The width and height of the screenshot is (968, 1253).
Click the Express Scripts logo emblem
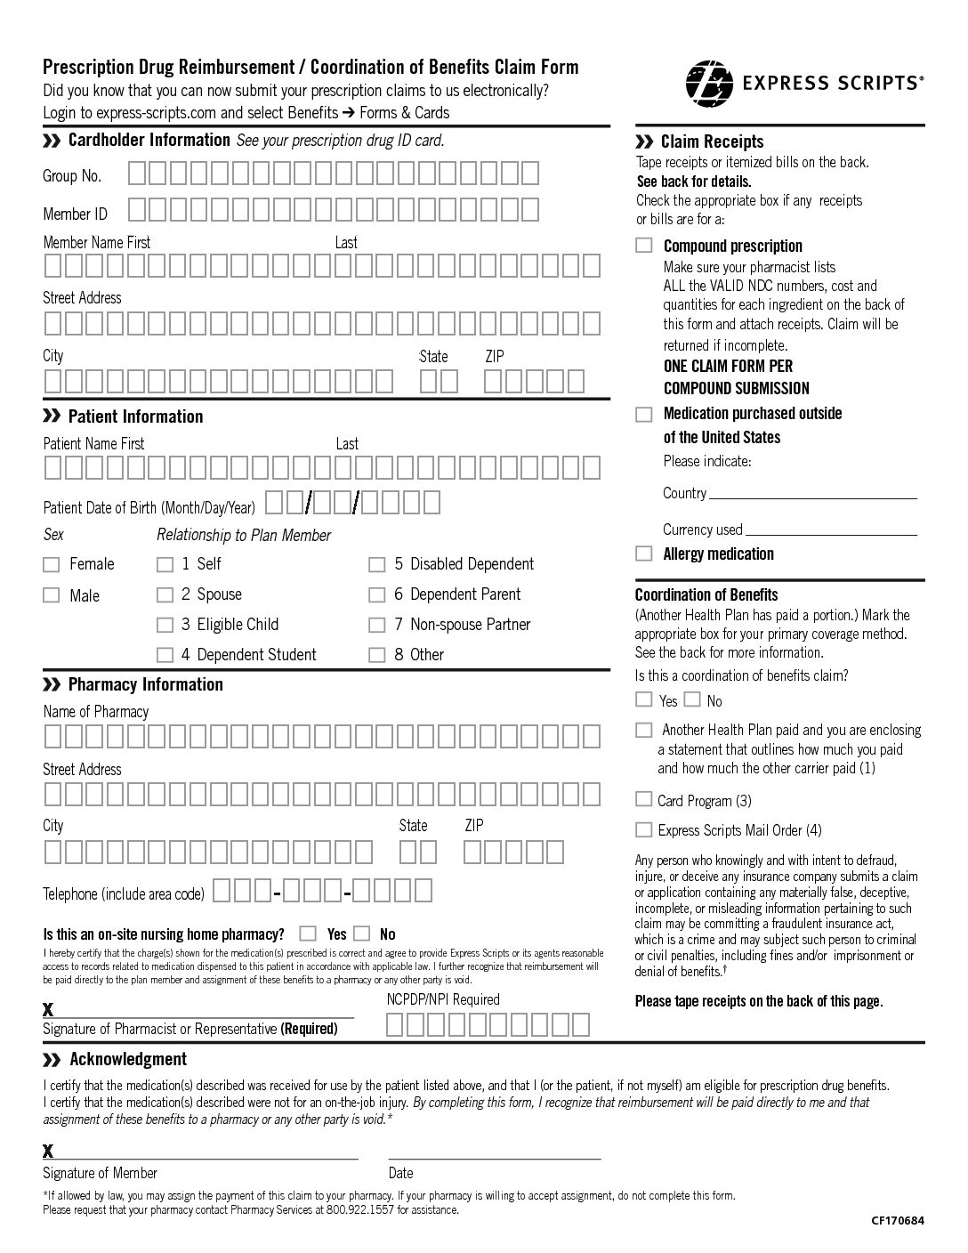coord(709,83)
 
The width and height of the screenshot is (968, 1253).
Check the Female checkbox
coord(52,564)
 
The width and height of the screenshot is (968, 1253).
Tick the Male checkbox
coord(52,595)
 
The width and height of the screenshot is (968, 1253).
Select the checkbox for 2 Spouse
coord(165,594)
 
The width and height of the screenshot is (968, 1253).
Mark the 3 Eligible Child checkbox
coord(165,625)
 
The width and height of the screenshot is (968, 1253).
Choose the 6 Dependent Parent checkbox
coord(377,594)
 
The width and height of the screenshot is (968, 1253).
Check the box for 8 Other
coord(377,655)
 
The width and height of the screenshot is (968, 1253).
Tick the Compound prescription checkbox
coord(644,246)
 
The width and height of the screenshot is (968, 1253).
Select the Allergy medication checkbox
coord(644,554)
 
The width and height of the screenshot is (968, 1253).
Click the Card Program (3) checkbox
coord(643,799)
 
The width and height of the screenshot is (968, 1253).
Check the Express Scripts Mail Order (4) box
coord(643,829)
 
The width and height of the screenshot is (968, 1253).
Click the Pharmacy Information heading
coord(145,684)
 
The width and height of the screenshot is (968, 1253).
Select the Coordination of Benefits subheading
coord(706,594)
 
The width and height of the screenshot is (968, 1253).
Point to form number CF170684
coord(898,1221)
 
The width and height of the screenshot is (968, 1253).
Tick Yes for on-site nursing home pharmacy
coord(308,934)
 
